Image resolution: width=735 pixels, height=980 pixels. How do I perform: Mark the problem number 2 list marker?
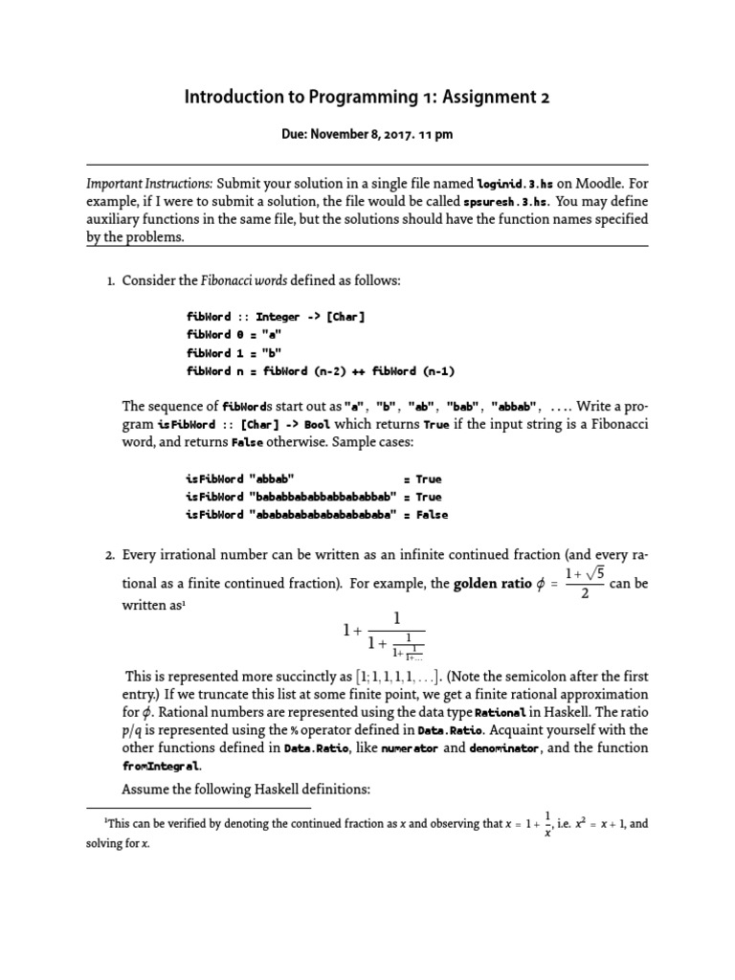[x=110, y=555]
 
